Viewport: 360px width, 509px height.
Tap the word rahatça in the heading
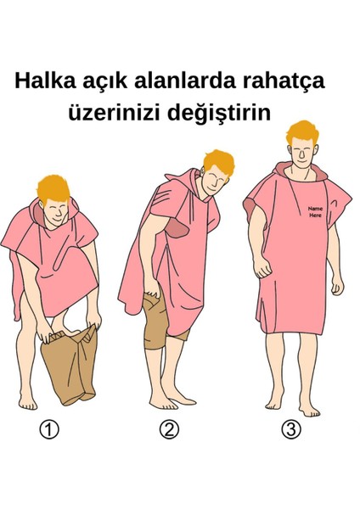(x=286, y=82)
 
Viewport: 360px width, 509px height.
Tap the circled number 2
(x=171, y=430)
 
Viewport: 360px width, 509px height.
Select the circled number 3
(x=291, y=430)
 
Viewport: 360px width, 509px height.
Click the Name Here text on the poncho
(x=315, y=212)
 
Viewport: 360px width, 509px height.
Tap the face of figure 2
(x=212, y=181)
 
